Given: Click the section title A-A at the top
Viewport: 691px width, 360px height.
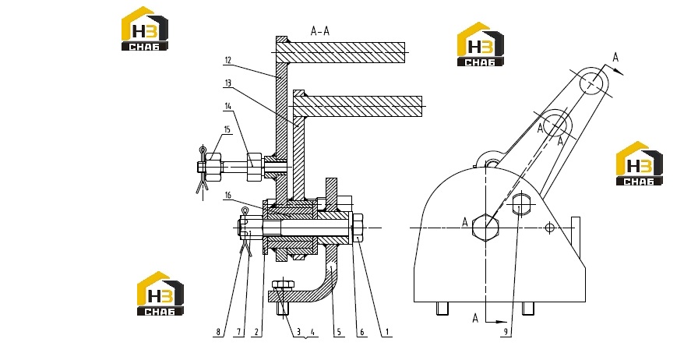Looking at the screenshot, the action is [x=320, y=31].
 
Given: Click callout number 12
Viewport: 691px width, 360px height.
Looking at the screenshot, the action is [x=227, y=60].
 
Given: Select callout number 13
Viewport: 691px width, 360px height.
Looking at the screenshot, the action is [x=227, y=83].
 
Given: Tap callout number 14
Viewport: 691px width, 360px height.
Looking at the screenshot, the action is [x=227, y=106].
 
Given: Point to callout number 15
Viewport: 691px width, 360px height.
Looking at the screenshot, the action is [x=227, y=129].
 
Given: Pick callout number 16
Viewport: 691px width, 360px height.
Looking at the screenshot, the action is [x=227, y=196].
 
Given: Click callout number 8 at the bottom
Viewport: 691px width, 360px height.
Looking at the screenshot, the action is [x=218, y=332].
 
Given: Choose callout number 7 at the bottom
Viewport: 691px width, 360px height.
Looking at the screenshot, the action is [x=238, y=332].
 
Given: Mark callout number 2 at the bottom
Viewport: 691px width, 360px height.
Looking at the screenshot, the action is [x=257, y=332].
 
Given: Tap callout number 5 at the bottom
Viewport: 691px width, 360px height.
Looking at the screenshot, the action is [x=339, y=332].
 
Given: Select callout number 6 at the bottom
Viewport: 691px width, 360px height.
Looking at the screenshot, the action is [x=362, y=332].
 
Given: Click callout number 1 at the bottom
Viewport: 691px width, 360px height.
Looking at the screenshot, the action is [x=387, y=332].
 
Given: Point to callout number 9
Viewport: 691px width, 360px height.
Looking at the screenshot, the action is [x=506, y=332].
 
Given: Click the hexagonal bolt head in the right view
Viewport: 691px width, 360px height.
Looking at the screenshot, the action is [x=485, y=228].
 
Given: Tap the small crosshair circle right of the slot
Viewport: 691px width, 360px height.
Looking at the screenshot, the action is [x=549, y=228].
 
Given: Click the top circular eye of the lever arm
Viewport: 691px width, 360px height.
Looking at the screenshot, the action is [x=594, y=83].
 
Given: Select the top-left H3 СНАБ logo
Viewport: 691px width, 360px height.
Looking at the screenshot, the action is [x=145, y=29].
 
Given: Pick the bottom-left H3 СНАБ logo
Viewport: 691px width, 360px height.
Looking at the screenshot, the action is [x=160, y=294].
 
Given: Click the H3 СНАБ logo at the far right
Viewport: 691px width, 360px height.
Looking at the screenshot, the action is [x=640, y=164].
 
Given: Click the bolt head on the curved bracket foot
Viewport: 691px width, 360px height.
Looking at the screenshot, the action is [x=284, y=284].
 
